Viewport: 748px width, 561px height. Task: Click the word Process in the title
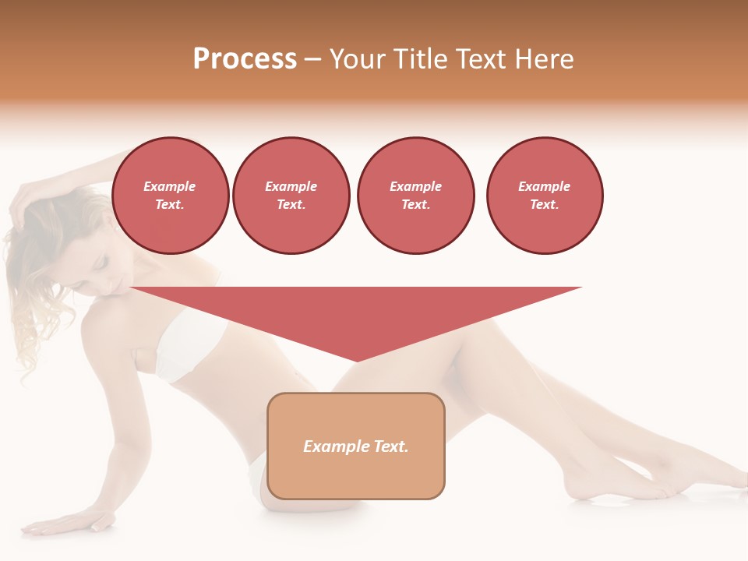tap(245, 59)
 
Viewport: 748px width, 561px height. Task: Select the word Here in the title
tap(545, 59)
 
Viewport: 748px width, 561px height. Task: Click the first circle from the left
tap(171, 196)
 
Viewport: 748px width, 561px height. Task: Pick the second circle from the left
tap(291, 196)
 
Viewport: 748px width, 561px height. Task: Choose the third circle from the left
tap(416, 196)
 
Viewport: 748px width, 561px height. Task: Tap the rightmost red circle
tap(545, 196)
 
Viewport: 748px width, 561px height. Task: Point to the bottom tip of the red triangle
tap(356, 360)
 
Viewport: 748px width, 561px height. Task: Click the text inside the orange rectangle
tap(356, 446)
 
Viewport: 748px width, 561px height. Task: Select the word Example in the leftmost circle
tap(170, 186)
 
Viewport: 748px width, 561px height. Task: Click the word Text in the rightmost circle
tap(544, 205)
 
